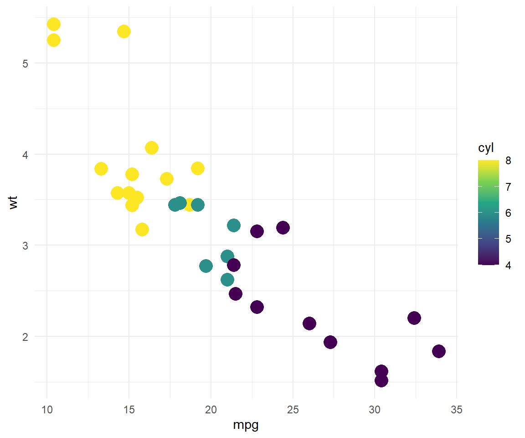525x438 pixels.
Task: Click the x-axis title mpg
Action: coord(246,425)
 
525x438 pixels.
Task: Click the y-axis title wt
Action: coord(14,202)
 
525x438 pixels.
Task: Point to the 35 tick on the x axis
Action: coord(456,410)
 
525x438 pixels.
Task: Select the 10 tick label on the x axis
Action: coord(47,410)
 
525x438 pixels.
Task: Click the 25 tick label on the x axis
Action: coord(293,410)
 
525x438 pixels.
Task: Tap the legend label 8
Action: coord(508,161)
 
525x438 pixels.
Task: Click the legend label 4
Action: coord(508,265)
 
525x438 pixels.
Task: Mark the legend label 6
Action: coord(508,213)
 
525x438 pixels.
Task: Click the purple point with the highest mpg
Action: coord(438,351)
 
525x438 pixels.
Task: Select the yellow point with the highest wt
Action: coord(53,24)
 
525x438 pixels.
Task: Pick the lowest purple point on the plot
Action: coord(381,380)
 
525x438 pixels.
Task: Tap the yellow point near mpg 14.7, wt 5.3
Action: coord(124,31)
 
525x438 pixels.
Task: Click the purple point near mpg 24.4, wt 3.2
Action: coord(283,227)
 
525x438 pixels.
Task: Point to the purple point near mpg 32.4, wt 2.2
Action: coord(414,318)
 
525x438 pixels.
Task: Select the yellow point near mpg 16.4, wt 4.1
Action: coord(152,148)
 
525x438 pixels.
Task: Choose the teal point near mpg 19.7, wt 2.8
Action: coord(206,266)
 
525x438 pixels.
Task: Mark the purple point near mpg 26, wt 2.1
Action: coord(309,323)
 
